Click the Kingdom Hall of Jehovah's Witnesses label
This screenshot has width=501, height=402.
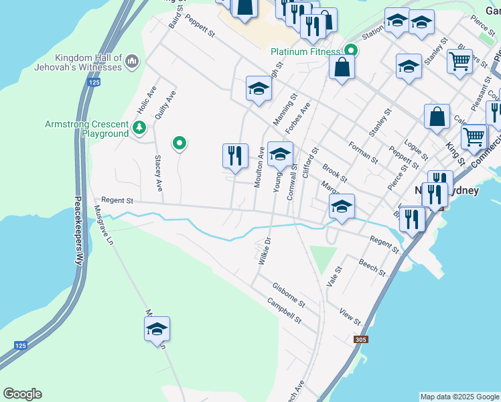click(x=89, y=62)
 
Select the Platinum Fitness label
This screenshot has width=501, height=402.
click(x=306, y=51)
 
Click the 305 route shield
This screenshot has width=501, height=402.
click(x=361, y=340)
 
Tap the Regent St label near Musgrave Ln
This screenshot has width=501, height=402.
click(x=117, y=200)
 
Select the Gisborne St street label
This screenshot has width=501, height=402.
click(x=289, y=295)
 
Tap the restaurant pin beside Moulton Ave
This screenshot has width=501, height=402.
click(x=235, y=155)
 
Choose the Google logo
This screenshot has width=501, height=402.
click(x=22, y=394)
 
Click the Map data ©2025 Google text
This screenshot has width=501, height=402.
click(x=459, y=397)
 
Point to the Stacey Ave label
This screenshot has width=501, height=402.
click(x=159, y=173)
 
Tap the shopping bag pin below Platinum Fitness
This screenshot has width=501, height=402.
click(x=342, y=67)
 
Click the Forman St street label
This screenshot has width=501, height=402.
click(x=364, y=151)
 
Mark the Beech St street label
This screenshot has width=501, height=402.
click(x=372, y=267)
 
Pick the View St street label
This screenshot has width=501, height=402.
click(x=350, y=317)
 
